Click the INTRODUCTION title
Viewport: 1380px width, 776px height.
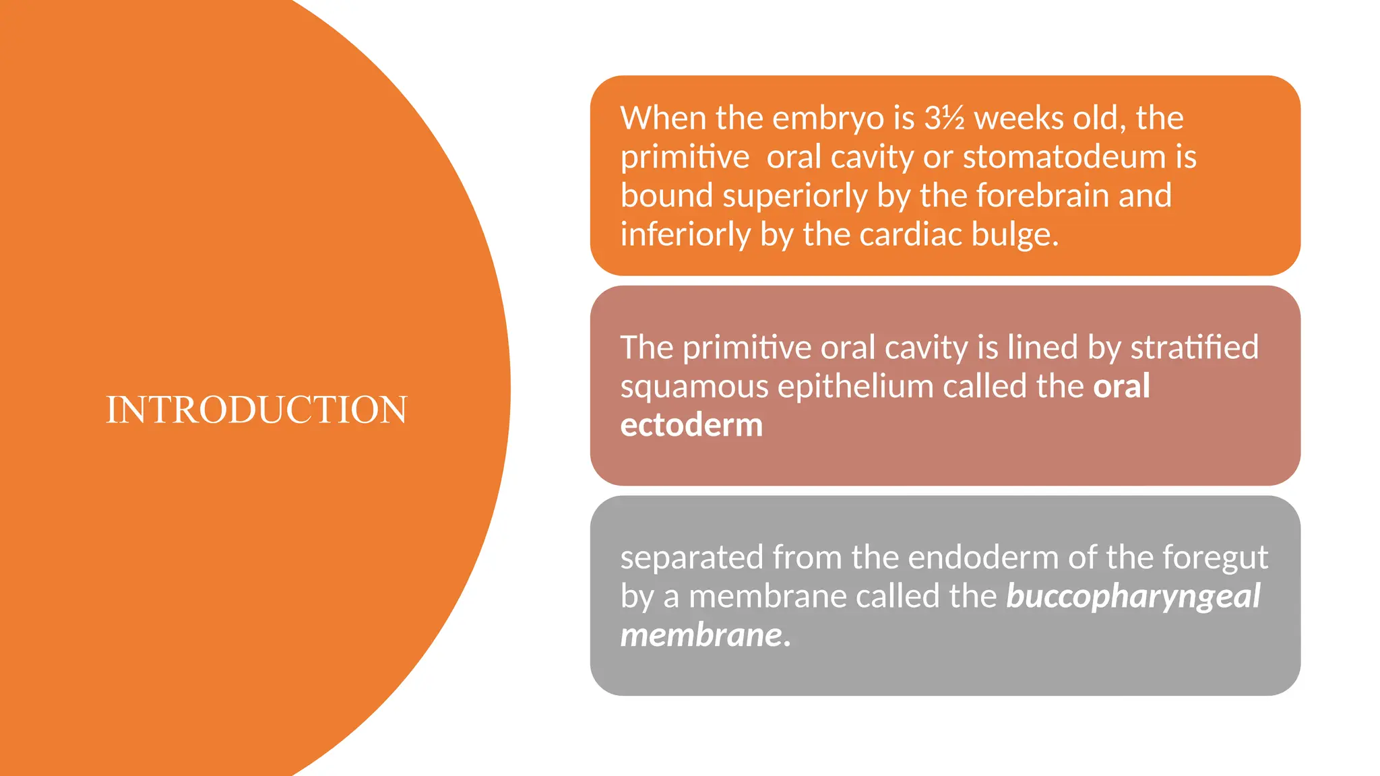pos(257,410)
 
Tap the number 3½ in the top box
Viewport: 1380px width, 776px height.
pos(944,119)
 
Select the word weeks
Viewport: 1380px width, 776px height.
pos(1018,119)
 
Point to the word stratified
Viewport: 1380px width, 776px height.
pos(1194,348)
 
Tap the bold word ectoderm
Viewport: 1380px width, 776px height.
pos(691,426)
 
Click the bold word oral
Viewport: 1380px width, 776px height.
pos(1121,387)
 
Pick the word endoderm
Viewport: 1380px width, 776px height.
pos(984,558)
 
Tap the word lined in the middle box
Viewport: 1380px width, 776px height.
pos(1041,348)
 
